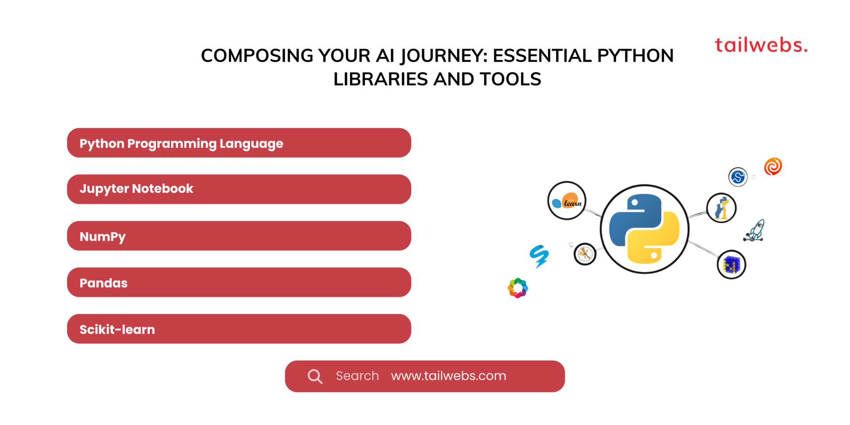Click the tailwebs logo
(761, 45)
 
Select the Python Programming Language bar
(239, 143)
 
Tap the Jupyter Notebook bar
(239, 189)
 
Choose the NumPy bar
(239, 236)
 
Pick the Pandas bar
(239, 282)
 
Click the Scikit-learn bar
(239, 329)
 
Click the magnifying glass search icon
(315, 376)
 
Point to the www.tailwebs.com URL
(448, 376)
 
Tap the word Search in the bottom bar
(357, 376)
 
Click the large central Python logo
(644, 229)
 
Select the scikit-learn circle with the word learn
(567, 201)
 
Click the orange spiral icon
(773, 166)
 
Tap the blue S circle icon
(738, 177)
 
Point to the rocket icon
(755, 231)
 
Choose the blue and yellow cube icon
(731, 265)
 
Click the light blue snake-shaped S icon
(539, 256)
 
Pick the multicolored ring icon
(518, 288)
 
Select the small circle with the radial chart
(585, 254)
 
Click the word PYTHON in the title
(635, 56)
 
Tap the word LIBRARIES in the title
(380, 79)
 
